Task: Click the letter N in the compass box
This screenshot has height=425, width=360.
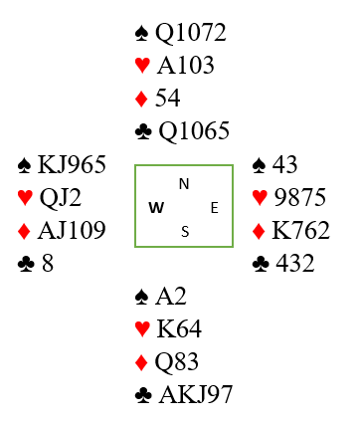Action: pyautogui.click(x=184, y=184)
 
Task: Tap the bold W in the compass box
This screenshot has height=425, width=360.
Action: pyautogui.click(x=156, y=208)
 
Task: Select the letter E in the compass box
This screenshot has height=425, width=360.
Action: pyautogui.click(x=215, y=208)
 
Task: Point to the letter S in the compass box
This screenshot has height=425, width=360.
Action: pyautogui.click(x=185, y=232)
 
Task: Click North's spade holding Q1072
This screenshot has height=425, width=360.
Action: pyautogui.click(x=191, y=33)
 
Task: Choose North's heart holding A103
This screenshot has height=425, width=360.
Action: pyautogui.click(x=186, y=65)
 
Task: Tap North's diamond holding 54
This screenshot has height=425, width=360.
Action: pyautogui.click(x=168, y=98)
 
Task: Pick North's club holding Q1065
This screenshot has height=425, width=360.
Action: pyautogui.click(x=194, y=130)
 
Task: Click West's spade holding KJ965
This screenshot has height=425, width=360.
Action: pyautogui.click(x=72, y=164)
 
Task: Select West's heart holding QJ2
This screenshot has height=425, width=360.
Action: pyautogui.click(x=61, y=198)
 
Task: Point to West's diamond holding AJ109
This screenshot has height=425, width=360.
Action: pyautogui.click(x=72, y=230)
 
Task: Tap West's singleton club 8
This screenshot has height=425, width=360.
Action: pyautogui.click(x=48, y=264)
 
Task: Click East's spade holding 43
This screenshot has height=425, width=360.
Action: pyautogui.click(x=285, y=164)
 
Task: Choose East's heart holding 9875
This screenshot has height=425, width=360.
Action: pyautogui.click(x=300, y=197)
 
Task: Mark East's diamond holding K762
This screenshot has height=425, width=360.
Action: pyautogui.click(x=300, y=230)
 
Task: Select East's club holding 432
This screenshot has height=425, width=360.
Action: pyautogui.click(x=295, y=263)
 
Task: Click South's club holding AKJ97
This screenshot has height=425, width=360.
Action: pyautogui.click(x=196, y=394)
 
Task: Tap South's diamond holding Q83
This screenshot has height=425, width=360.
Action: pyautogui.click(x=177, y=362)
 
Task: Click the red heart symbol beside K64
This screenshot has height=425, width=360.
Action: pyautogui.click(x=142, y=329)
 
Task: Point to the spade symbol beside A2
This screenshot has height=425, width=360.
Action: pyautogui.click(x=142, y=297)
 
